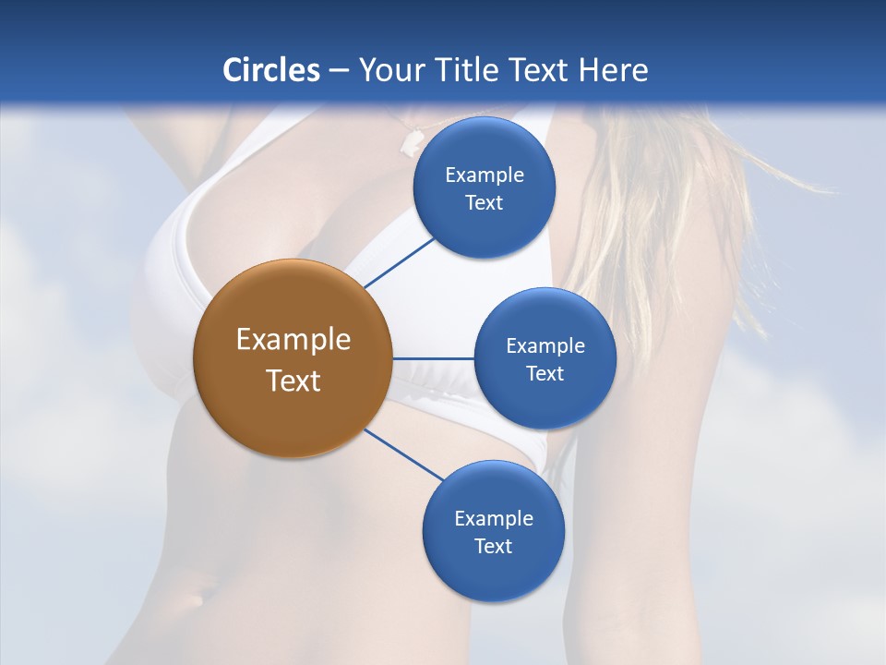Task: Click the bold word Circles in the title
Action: click(270, 70)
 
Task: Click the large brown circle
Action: click(293, 358)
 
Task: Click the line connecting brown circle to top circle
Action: click(399, 262)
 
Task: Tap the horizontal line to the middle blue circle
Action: click(433, 358)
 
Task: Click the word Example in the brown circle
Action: click(293, 340)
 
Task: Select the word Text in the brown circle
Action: click(293, 381)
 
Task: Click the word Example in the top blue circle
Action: click(485, 175)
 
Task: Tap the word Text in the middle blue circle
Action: click(545, 373)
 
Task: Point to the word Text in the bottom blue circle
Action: click(493, 546)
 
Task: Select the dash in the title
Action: click(339, 70)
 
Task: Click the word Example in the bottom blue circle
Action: click(493, 518)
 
